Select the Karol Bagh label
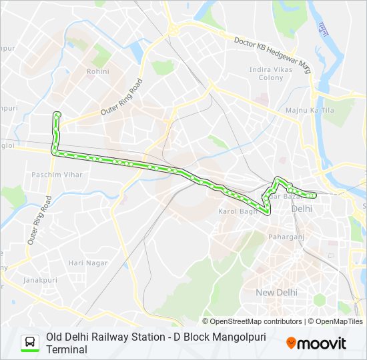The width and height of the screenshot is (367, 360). tap(238, 211)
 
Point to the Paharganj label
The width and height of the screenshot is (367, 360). tap(286, 237)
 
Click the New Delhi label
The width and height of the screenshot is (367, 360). tap(277, 292)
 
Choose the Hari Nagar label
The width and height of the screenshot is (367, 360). tap(87, 263)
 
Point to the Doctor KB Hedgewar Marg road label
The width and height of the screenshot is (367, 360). tap(273, 50)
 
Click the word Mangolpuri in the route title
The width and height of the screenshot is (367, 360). tap(227, 337)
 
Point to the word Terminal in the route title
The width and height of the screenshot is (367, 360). tap(67, 349)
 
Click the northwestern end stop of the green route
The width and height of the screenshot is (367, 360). tap(57, 114)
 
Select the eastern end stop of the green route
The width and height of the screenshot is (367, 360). tap(314, 195)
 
